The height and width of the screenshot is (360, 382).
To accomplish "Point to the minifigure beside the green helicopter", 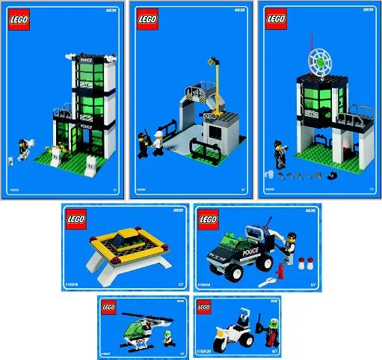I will click(x=171, y=333).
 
